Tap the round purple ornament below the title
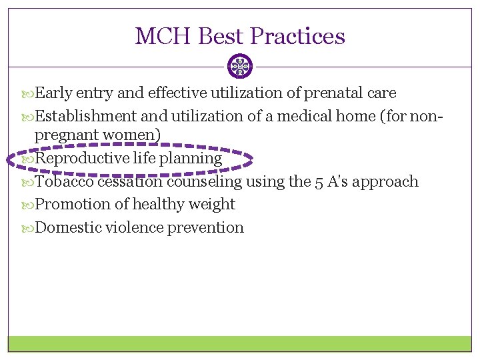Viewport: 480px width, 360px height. (x=240, y=67)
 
